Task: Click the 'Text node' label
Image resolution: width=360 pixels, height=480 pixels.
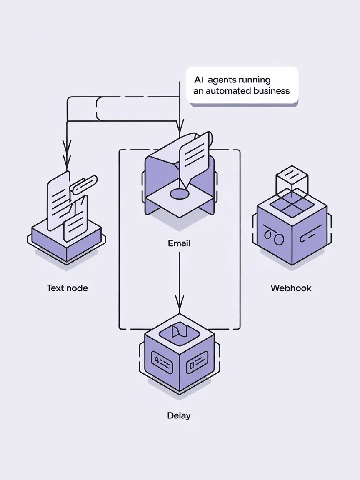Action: (67, 288)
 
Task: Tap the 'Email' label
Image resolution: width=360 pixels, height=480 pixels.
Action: (179, 243)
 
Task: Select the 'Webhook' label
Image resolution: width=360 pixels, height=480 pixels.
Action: (291, 288)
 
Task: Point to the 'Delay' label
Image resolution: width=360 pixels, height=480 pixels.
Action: (179, 415)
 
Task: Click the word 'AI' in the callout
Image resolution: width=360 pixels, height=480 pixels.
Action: (199, 80)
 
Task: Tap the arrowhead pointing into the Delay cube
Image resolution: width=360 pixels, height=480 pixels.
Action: (180, 302)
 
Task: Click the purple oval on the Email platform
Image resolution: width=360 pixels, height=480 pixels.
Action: (180, 194)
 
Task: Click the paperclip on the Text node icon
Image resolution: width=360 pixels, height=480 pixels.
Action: (84, 184)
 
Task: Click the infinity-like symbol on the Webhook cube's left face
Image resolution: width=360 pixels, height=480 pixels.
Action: (274, 237)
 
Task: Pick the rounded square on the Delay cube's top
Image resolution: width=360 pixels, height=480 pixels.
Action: (180, 332)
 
